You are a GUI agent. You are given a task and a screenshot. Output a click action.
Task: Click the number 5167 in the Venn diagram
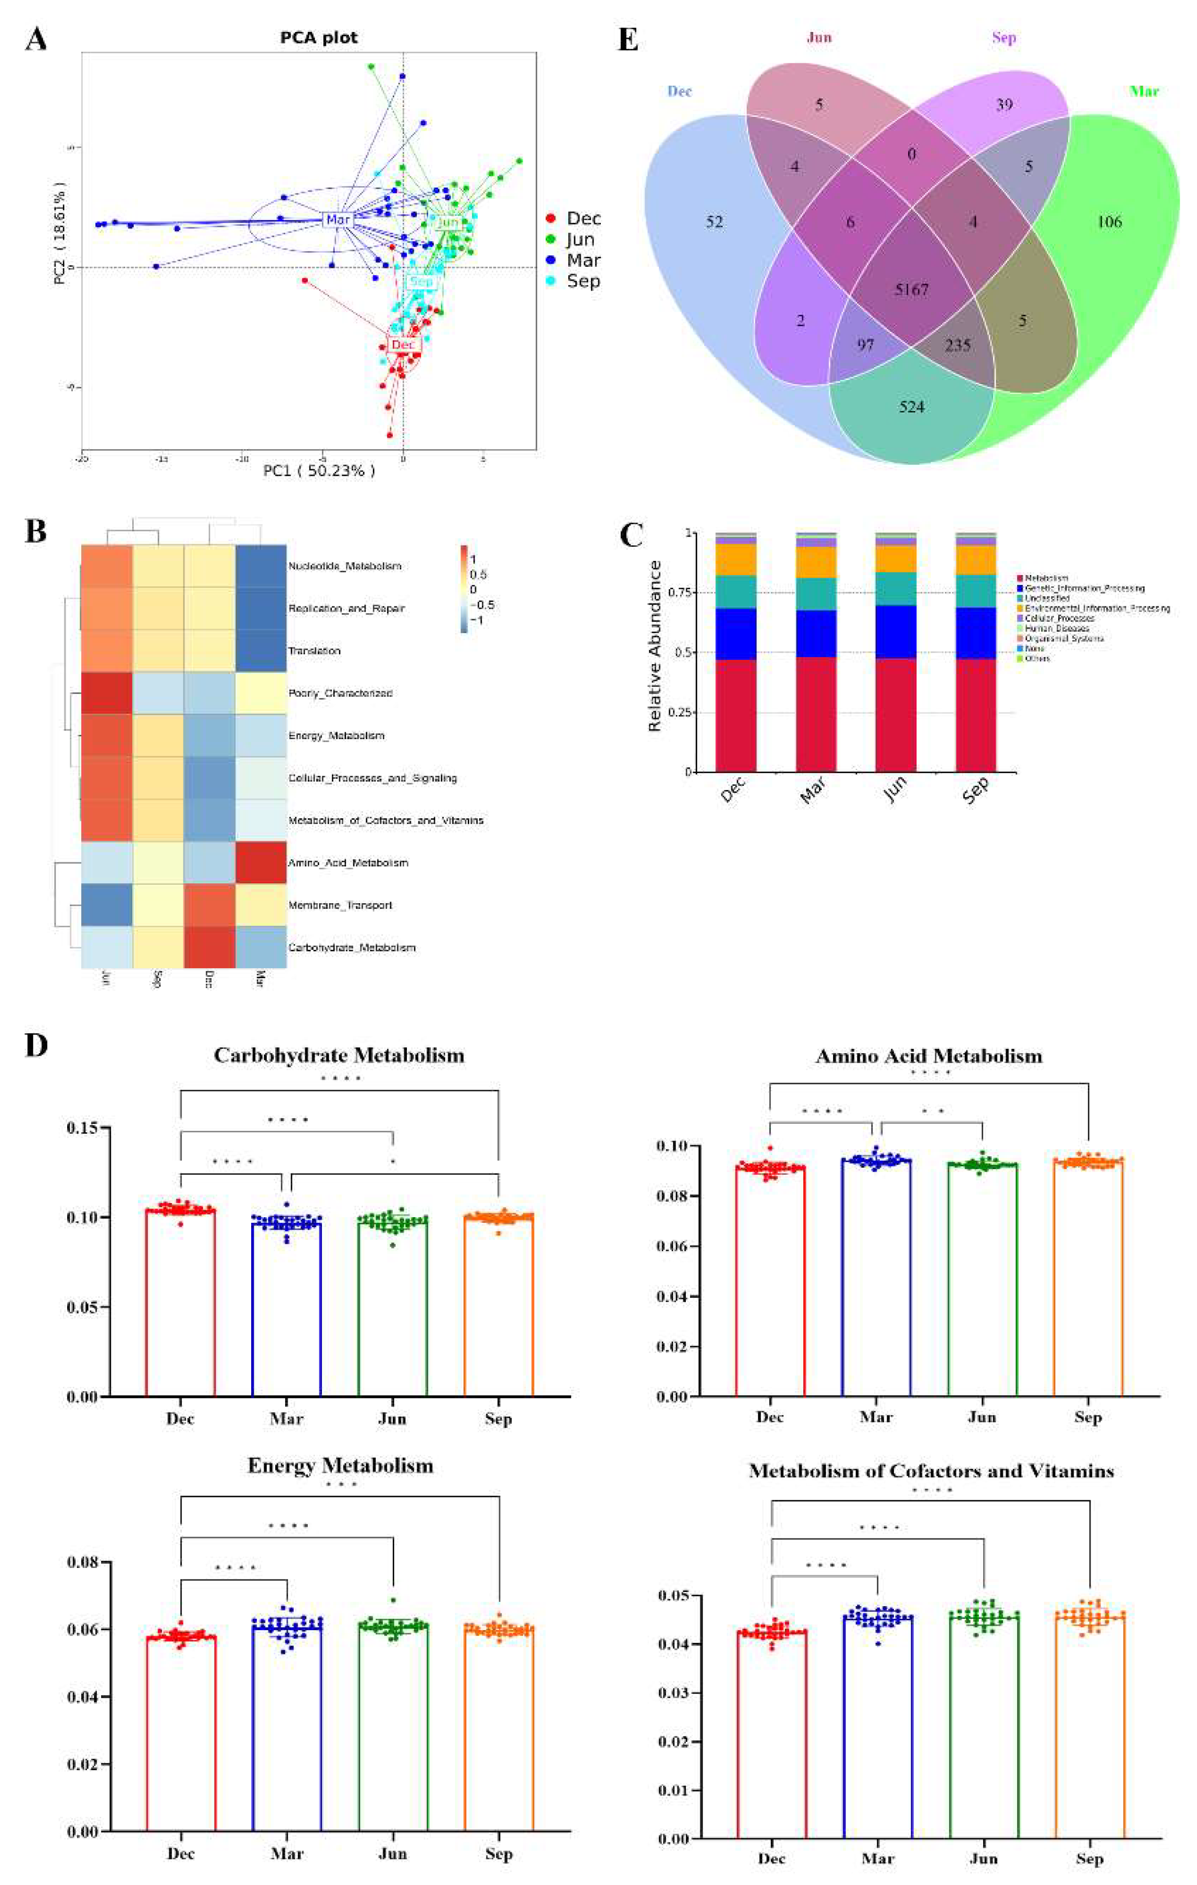tap(911, 290)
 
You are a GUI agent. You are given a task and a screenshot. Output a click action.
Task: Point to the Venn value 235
tap(957, 344)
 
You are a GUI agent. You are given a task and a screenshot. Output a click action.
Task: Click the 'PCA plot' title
tap(319, 38)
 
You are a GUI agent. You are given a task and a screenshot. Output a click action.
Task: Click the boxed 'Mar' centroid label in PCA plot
tap(338, 220)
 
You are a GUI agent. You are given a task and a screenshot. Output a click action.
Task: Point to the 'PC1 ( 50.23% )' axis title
tap(319, 471)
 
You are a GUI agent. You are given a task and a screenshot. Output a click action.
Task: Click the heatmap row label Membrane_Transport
tap(340, 905)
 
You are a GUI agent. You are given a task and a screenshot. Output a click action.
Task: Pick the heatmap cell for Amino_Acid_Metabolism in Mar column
tap(261, 863)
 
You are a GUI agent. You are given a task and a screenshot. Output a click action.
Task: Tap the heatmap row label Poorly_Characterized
tap(340, 693)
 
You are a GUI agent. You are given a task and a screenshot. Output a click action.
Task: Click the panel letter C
tap(631, 535)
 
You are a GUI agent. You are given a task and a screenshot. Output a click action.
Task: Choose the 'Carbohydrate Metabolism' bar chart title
tap(339, 1055)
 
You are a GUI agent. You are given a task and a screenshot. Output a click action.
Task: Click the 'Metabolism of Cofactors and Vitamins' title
tap(931, 1471)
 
